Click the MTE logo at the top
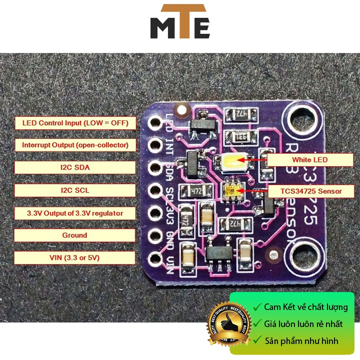pos(180,22)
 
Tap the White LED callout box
pos(309,160)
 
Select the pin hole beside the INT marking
pos(154,145)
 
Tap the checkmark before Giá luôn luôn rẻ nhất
pos(257,324)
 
